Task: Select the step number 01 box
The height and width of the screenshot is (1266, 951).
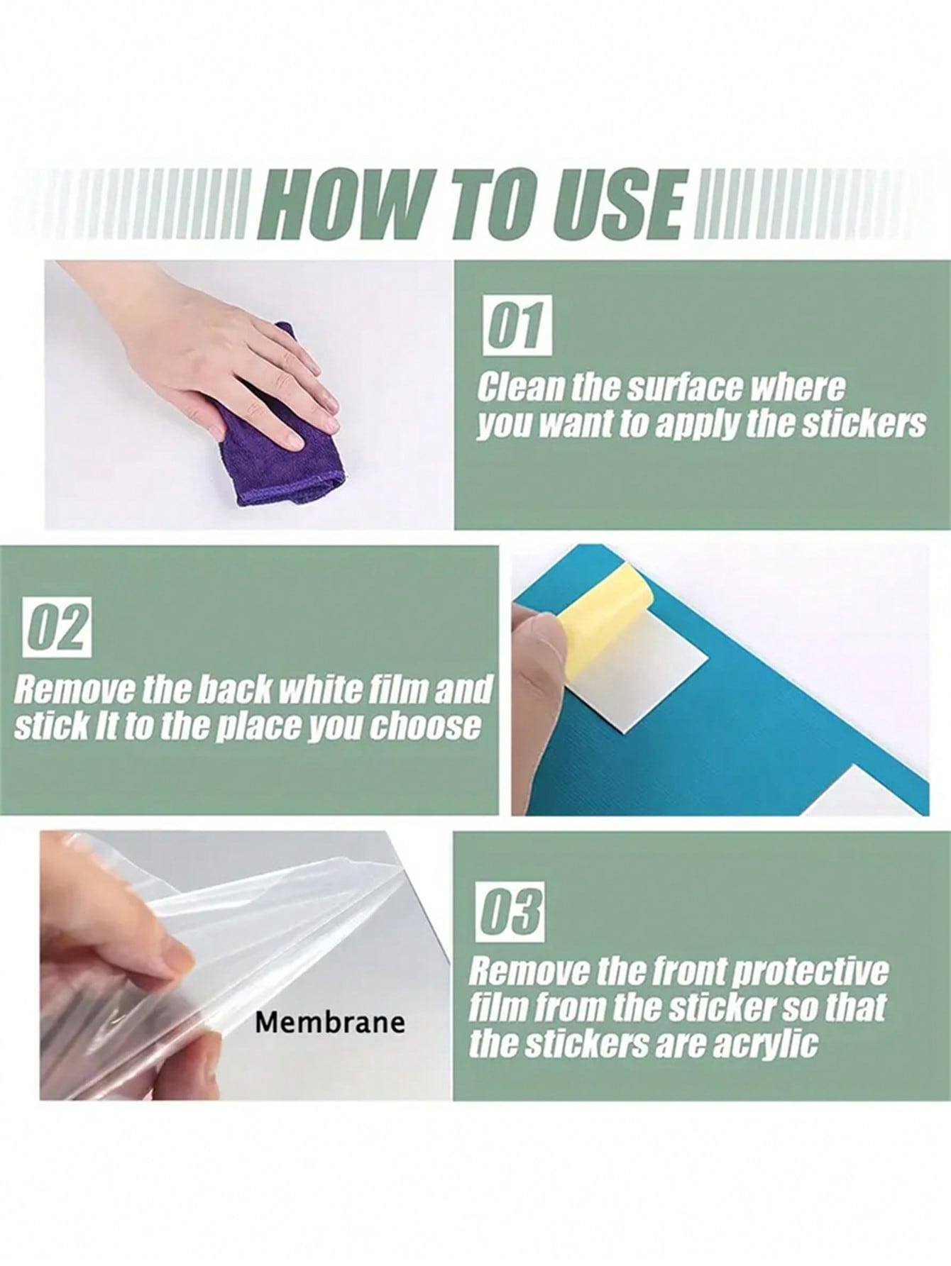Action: (x=517, y=326)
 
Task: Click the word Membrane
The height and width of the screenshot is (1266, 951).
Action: (x=330, y=1023)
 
